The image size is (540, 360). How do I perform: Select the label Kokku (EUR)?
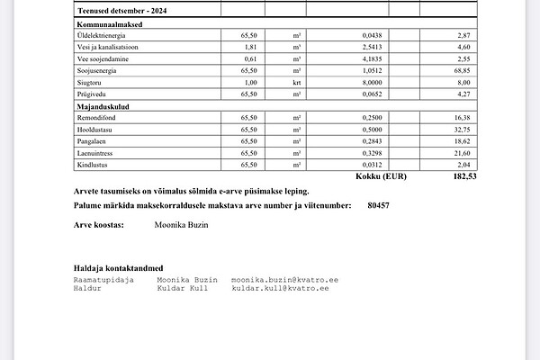382,177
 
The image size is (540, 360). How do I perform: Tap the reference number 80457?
378,206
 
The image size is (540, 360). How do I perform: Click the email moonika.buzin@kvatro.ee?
284,280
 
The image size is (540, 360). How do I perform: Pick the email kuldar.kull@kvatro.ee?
284,288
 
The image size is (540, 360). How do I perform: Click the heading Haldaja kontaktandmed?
118,268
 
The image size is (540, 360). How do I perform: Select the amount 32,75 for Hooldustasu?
460,129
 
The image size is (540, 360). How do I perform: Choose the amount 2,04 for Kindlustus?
462,164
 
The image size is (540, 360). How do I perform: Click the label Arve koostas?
98,225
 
